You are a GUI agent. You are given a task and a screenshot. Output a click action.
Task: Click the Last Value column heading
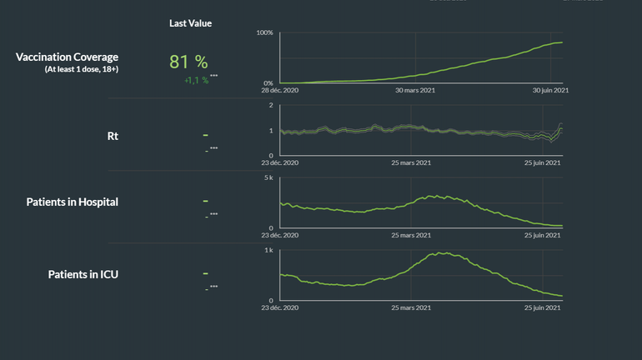click(x=190, y=23)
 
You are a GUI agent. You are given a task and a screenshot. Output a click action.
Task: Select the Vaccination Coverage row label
click(x=67, y=57)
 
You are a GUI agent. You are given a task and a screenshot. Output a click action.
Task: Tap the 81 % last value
click(x=188, y=62)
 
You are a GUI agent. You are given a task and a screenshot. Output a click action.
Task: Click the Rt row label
click(x=113, y=135)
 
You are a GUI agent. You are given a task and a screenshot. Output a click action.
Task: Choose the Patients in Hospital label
click(x=72, y=202)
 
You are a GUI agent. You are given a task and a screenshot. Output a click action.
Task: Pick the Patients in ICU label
click(x=83, y=273)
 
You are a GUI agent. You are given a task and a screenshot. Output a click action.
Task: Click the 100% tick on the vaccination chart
click(x=264, y=32)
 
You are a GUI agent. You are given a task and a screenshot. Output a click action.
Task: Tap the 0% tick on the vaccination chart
click(x=267, y=83)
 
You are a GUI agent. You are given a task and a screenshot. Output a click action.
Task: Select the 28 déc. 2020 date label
click(x=279, y=91)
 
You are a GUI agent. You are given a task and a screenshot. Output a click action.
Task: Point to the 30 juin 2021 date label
click(x=549, y=91)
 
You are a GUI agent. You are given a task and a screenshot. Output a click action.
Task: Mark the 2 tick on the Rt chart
click(x=270, y=106)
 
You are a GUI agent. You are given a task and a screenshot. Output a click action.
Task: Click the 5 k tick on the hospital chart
click(x=268, y=178)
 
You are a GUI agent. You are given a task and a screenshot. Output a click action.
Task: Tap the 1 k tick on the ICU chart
click(x=268, y=250)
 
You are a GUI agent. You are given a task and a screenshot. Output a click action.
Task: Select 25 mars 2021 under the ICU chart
click(x=412, y=307)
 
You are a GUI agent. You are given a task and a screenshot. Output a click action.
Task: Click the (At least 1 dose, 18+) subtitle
click(x=81, y=69)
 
